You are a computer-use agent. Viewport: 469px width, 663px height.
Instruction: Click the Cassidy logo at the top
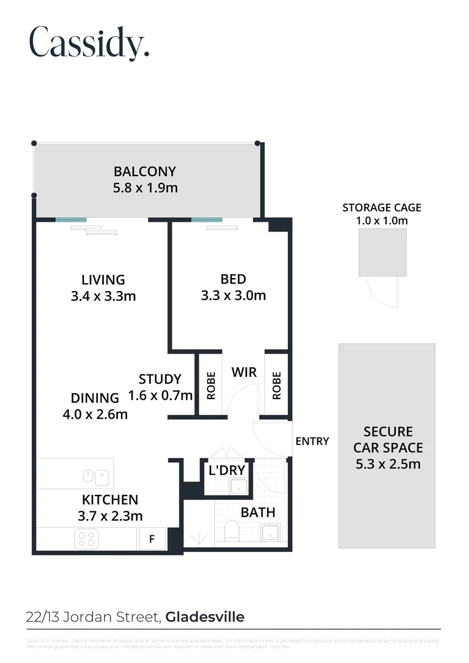(x=90, y=43)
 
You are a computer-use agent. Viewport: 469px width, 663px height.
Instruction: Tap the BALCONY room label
(x=145, y=172)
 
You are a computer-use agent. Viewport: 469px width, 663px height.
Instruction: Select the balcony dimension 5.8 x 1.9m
(x=145, y=188)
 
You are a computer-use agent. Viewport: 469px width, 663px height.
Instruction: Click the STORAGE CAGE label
(x=382, y=207)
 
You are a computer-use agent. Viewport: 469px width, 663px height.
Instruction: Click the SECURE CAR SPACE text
(x=388, y=448)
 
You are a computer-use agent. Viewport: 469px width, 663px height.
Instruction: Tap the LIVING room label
(x=103, y=280)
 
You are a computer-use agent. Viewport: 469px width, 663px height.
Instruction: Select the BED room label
(x=233, y=280)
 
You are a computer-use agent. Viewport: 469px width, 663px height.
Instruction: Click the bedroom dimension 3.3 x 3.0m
(x=233, y=295)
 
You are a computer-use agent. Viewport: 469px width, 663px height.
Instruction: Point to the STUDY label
(x=160, y=379)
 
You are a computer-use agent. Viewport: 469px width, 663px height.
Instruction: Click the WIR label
(x=244, y=372)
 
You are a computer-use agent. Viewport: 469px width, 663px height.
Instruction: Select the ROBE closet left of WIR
(x=211, y=386)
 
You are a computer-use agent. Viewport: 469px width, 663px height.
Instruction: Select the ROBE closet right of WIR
(x=276, y=386)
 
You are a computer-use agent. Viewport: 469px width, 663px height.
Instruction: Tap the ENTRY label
(x=312, y=441)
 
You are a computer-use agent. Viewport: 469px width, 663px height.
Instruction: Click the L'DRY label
(x=227, y=471)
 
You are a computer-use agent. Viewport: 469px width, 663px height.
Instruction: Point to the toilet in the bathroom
(x=232, y=530)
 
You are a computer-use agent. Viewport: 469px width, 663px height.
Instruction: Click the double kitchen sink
(x=96, y=475)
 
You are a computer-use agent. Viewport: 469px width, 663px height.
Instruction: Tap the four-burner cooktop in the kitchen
(x=86, y=539)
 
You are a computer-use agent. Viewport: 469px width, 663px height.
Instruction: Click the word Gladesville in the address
(x=205, y=617)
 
